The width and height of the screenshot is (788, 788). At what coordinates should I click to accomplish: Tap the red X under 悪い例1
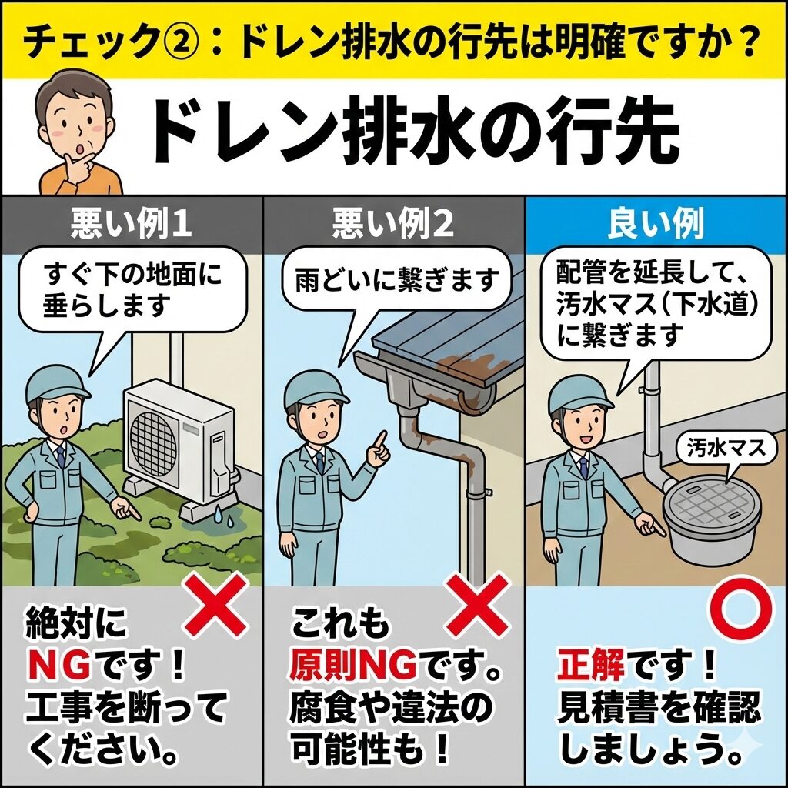216,606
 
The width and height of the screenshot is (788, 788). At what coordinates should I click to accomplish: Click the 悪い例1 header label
131,224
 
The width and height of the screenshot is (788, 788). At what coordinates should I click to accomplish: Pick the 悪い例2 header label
393,224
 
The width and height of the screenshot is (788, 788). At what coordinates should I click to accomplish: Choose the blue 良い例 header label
656,224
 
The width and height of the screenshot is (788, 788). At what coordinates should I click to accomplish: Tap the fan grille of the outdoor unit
154,442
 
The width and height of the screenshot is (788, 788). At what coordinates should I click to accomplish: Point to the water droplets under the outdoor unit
224,516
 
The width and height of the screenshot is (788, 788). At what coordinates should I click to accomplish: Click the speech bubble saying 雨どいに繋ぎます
396,280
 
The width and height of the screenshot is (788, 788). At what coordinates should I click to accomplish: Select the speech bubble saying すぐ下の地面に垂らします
132,290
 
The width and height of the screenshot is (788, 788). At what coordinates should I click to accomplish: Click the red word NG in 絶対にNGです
60,665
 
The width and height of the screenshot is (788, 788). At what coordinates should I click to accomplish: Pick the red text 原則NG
352,664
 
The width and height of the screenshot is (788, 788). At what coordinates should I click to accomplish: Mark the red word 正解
590,664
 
